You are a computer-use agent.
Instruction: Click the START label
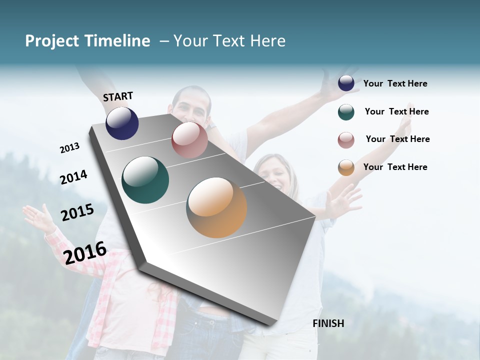118,96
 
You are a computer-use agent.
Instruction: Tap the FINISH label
328,323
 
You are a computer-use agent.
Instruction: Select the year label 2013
69,148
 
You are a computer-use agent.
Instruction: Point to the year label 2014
73,177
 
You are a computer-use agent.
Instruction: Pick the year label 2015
77,212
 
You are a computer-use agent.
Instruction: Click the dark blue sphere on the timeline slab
122,123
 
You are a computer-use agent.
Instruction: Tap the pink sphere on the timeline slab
189,140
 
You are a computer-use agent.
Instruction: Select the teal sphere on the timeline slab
145,180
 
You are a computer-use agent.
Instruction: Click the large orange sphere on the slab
216,207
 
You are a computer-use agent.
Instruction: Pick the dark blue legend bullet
346,83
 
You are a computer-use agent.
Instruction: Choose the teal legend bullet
346,112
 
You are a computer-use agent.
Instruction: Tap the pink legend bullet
346,140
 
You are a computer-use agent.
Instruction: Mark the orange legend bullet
346,167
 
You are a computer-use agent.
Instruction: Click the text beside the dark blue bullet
395,83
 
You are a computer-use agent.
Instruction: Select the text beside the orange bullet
395,167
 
